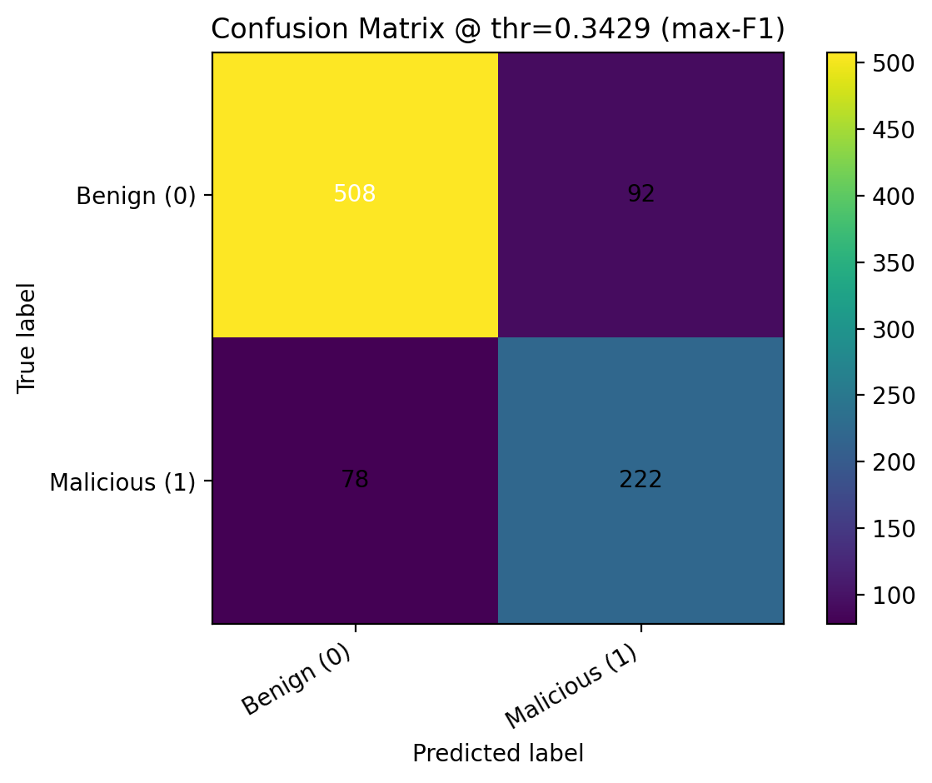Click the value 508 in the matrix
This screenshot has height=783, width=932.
(x=355, y=194)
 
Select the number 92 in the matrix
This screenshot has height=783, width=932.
(x=640, y=194)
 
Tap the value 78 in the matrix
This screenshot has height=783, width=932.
(x=355, y=480)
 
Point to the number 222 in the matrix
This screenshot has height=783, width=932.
(x=640, y=480)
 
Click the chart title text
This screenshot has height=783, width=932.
(x=497, y=29)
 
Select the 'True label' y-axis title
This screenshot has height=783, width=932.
(x=27, y=337)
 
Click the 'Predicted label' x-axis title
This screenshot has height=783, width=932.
(x=497, y=753)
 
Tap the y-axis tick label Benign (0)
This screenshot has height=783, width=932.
(x=136, y=196)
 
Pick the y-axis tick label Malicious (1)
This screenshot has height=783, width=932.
(x=122, y=481)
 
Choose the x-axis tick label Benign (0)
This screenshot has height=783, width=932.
(x=296, y=680)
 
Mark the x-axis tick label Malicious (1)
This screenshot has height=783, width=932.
(x=572, y=685)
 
